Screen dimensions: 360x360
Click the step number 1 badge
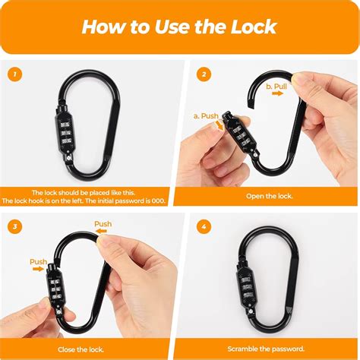pos(12,74)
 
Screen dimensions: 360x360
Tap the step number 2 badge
pos(204,74)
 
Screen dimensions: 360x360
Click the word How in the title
pos(103,27)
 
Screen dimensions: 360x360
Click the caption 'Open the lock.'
pos(270,196)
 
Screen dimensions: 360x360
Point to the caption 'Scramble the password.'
pos(270,348)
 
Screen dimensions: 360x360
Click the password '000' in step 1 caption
pos(156,201)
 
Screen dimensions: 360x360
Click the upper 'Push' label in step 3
pos(103,224)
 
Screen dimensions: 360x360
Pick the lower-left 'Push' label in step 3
pos(39,262)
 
